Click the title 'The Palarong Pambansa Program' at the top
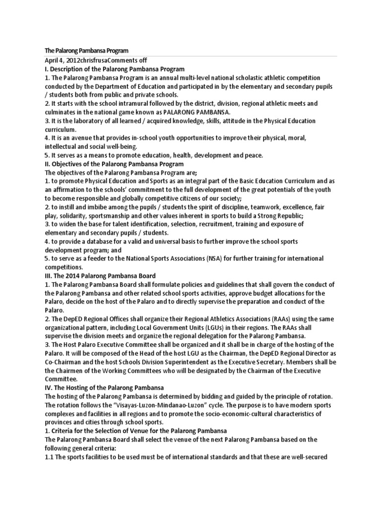click(x=87, y=51)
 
